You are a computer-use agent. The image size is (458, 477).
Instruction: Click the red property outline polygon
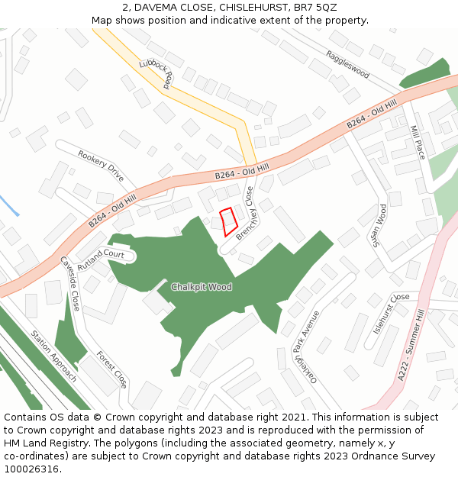pos(228,222)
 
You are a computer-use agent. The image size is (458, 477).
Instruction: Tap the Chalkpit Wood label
pos(201,287)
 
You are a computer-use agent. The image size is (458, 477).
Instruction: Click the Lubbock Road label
pos(158,74)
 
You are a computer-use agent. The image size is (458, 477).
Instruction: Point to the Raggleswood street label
pos(347,65)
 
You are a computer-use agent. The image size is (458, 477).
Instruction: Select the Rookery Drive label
pos(101,165)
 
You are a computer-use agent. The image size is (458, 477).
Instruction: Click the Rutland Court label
pos(100,256)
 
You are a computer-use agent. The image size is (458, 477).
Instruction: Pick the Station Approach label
pos(54,356)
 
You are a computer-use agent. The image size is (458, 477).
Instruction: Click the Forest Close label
pos(111,369)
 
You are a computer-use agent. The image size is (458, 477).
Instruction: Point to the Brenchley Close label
pos(244,214)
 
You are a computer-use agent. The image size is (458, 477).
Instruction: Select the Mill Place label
pos(418,142)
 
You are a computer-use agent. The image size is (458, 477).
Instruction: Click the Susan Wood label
pos(379,226)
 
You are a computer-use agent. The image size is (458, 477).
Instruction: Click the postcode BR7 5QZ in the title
pos(314,7)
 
